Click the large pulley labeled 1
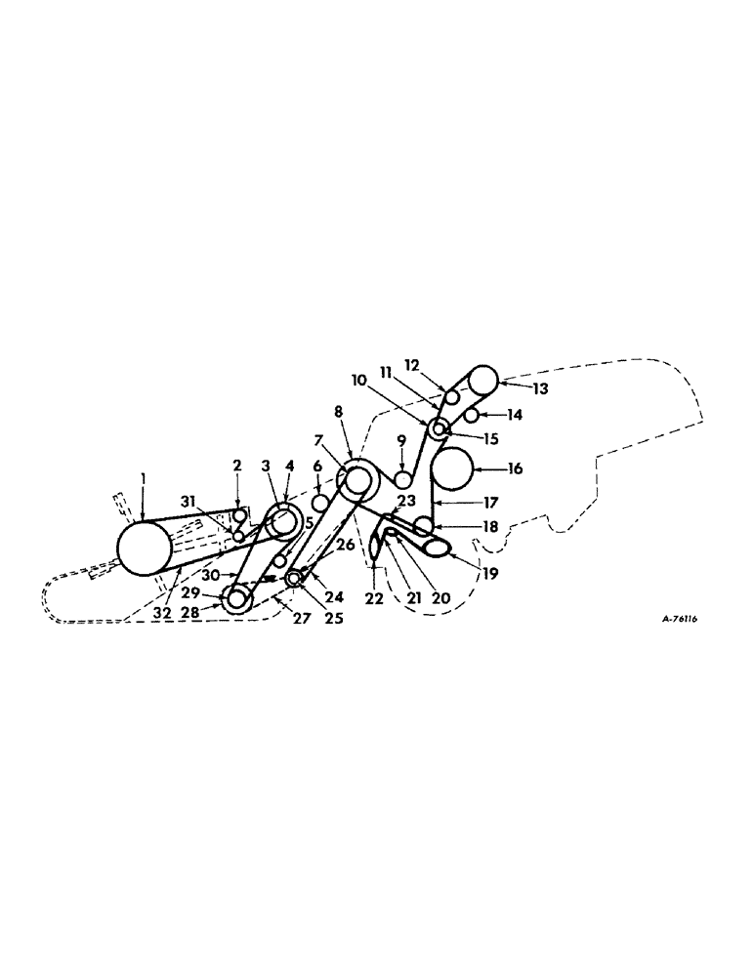[x=144, y=548]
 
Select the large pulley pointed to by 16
[x=451, y=468]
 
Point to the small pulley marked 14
[x=471, y=416]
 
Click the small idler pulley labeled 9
[x=401, y=479]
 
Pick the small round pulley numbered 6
[x=318, y=502]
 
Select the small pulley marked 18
[x=425, y=527]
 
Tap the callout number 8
[x=339, y=412]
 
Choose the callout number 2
[x=237, y=465]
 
